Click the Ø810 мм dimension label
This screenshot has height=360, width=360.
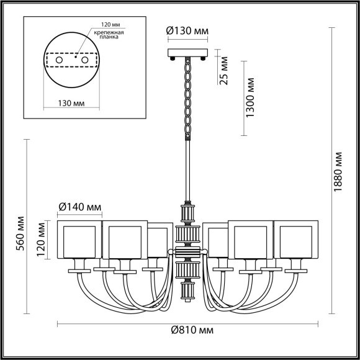(x=189, y=330)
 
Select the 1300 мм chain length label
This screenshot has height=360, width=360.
(x=250, y=98)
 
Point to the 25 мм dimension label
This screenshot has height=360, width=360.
(x=225, y=70)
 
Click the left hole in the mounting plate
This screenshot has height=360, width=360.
(x=61, y=61)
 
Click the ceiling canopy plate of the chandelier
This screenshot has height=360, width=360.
(x=188, y=53)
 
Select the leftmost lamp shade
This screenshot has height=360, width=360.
(x=79, y=239)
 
